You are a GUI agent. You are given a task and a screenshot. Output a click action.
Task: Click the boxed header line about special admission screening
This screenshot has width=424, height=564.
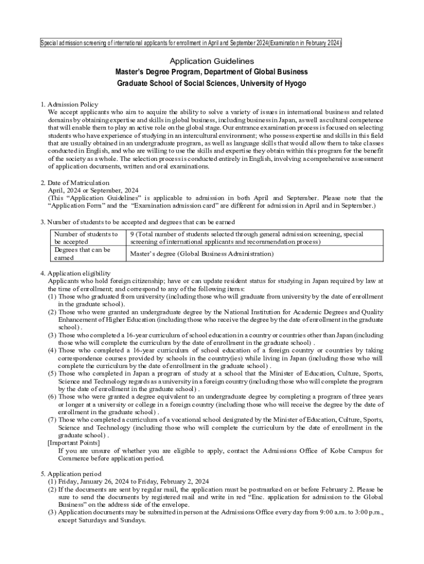point(191,43)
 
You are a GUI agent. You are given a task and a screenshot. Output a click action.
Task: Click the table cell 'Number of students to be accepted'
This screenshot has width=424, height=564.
point(86,237)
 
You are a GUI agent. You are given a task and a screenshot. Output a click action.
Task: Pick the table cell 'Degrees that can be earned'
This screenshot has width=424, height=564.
point(82,253)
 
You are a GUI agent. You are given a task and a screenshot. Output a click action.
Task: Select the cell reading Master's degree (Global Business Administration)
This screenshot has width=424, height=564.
point(202,254)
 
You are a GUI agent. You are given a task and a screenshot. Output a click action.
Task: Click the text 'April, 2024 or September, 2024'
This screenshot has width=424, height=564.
point(93,190)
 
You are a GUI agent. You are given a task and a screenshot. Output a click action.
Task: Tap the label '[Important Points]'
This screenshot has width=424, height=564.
point(74,443)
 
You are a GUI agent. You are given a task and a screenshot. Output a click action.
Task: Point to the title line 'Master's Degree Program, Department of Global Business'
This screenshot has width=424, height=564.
point(211,72)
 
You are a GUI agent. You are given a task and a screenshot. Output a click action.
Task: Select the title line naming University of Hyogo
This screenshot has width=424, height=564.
point(211,84)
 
